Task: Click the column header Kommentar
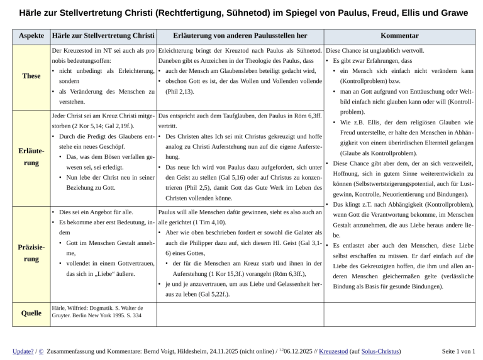pyautogui.click(x=401, y=37)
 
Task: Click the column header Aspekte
pyautogui.click(x=31, y=37)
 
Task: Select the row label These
pyautogui.click(x=31, y=75)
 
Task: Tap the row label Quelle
pyautogui.click(x=31, y=313)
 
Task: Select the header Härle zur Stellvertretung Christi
pyautogui.click(x=103, y=37)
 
